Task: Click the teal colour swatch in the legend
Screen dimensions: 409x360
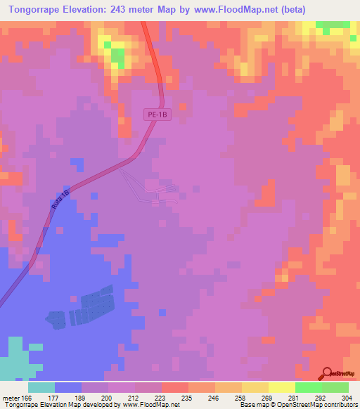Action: tap(41, 387)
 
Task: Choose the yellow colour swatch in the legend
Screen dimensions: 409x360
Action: tap(281, 387)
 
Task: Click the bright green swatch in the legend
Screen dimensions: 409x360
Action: tap(308, 387)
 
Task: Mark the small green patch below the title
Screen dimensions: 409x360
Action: tap(117, 56)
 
